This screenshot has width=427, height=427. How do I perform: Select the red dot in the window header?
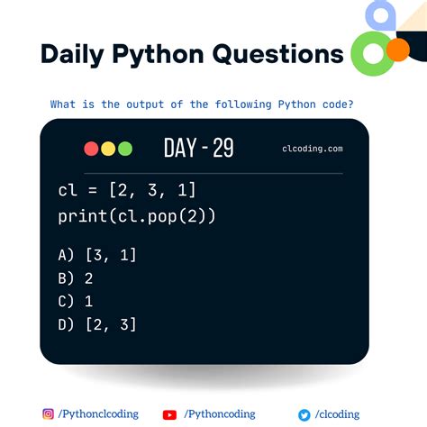91,149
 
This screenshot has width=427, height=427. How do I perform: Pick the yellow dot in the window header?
107,149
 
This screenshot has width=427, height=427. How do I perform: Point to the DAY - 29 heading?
198,149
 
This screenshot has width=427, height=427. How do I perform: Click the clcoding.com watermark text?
312,150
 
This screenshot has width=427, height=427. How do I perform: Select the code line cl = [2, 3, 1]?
126,192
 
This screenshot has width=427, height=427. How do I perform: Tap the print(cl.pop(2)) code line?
136,216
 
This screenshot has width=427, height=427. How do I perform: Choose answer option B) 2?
75,278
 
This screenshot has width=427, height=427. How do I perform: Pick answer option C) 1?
75,302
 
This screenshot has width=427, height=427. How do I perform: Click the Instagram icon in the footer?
48,414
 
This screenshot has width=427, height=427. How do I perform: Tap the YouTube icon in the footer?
169,414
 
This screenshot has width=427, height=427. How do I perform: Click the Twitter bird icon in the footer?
304,414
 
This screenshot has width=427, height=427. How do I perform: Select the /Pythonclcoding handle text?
98,414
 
